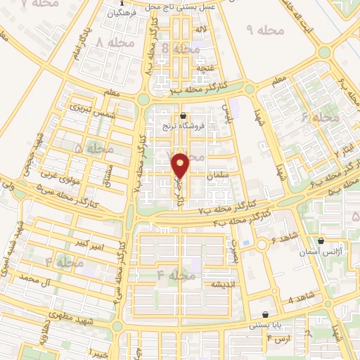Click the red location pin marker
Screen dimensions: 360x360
pos(181,165)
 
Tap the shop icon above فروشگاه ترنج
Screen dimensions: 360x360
pos(184,116)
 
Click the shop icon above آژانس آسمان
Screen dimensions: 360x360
pos(321,240)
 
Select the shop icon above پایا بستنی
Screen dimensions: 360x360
pos(265,315)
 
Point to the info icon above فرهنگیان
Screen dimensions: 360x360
pos(120,4)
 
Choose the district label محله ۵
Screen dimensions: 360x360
pos(94,148)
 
